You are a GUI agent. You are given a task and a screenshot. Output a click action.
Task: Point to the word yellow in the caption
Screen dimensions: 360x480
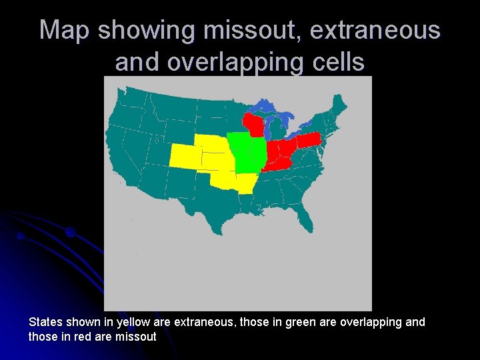pos(133,323)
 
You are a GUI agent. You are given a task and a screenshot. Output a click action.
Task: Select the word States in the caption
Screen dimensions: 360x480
pos(45,323)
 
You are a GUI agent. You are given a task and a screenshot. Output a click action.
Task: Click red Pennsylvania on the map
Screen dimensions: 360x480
pos(308,141)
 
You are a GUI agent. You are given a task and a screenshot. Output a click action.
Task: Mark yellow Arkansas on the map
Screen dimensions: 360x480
pos(246,182)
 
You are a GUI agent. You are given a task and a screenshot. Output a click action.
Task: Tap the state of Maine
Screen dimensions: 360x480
pos(339,105)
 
